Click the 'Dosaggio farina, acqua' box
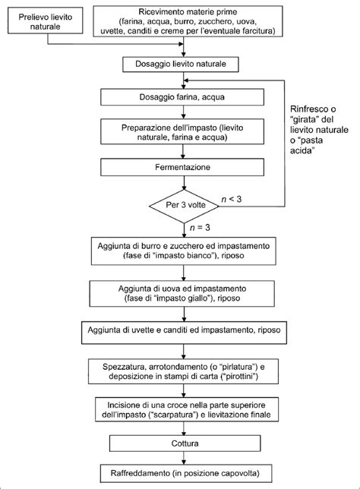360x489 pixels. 186,97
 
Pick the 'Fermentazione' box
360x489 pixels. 186,166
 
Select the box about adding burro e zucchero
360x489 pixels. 186,252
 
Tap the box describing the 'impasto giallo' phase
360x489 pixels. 186,294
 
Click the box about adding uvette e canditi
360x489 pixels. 186,331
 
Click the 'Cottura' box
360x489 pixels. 186,443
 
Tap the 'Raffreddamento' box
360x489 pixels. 186,475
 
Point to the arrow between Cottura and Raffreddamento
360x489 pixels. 186,459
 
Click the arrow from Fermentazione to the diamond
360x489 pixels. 186,181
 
